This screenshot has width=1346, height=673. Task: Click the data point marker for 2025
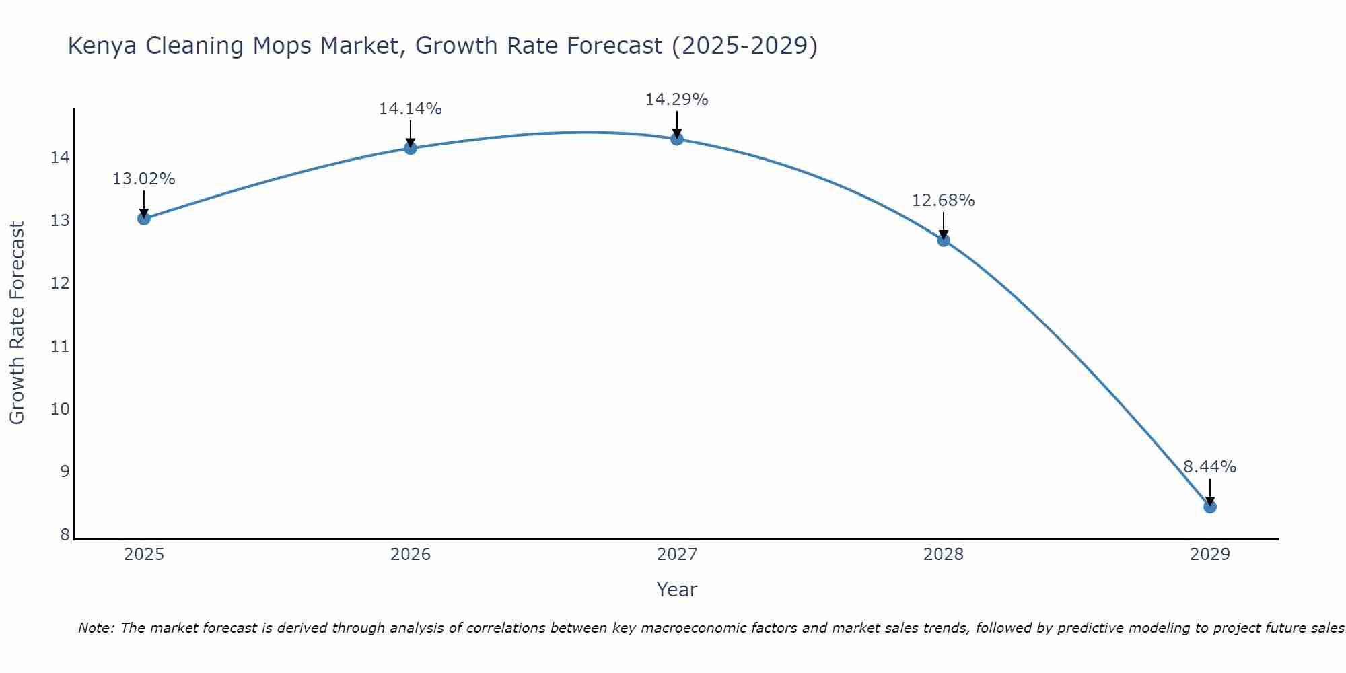pyautogui.click(x=143, y=218)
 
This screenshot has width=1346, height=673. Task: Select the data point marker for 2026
pyautogui.click(x=410, y=148)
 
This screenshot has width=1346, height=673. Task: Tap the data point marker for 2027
pyautogui.click(x=676, y=139)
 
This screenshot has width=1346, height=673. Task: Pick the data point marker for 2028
pyautogui.click(x=943, y=240)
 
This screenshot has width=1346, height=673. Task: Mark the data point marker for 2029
pyautogui.click(x=1209, y=507)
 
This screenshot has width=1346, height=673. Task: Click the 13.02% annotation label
pyautogui.click(x=143, y=179)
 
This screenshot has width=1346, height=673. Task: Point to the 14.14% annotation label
pyautogui.click(x=410, y=109)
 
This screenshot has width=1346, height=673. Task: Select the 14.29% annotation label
pyautogui.click(x=676, y=100)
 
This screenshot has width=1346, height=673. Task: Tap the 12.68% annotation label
pyautogui.click(x=943, y=201)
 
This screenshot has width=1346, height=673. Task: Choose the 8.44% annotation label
pyautogui.click(x=1209, y=467)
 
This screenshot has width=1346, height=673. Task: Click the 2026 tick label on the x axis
pyautogui.click(x=411, y=555)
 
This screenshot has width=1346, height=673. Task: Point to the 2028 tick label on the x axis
pyautogui.click(x=944, y=555)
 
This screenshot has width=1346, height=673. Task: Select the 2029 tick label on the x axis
pyautogui.click(x=1209, y=555)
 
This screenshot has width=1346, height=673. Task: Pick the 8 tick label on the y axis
pyautogui.click(x=65, y=535)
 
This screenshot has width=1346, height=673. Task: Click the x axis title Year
pyautogui.click(x=676, y=590)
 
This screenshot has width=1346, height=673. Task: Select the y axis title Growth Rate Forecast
pyautogui.click(x=17, y=323)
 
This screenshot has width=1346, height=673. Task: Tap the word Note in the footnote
pyautogui.click(x=96, y=628)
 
